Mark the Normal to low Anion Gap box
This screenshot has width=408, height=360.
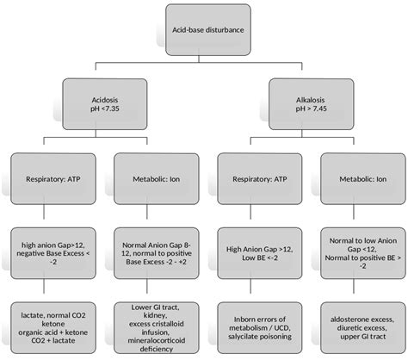click(355, 249)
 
